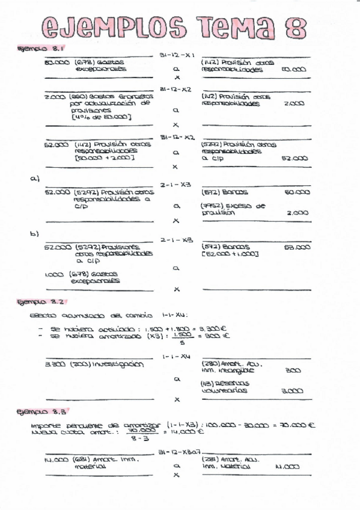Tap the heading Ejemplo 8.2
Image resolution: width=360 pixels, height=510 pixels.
[41, 302]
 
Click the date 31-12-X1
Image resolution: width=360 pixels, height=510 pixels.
[177, 55]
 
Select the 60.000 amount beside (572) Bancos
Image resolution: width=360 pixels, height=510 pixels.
[297, 192]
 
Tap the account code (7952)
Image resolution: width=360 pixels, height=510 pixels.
[212, 206]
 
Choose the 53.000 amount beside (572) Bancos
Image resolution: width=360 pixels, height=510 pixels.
[297, 247]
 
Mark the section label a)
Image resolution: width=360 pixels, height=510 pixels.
[34, 179]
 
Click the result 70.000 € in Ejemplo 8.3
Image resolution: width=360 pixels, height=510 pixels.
[299, 425]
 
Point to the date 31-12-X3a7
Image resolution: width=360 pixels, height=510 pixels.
[180, 451]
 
